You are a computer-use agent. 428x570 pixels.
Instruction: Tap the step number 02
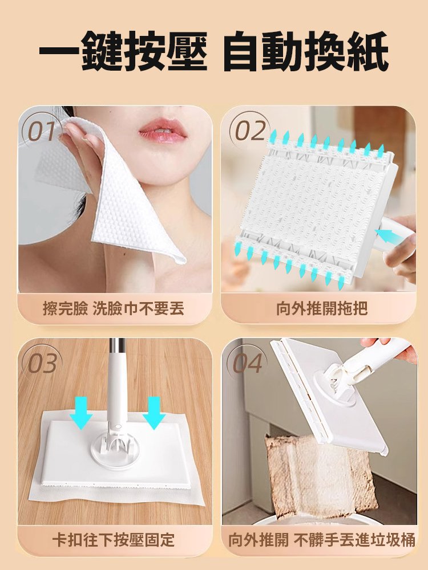click(250, 131)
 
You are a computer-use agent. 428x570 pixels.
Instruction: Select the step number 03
click(43, 363)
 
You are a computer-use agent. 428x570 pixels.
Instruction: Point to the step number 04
click(248, 363)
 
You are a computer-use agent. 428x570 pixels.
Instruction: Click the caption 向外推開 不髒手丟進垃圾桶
click(322, 540)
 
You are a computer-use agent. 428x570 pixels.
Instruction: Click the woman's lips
click(162, 131)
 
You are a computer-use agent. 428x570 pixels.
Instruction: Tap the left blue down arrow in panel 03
click(81, 413)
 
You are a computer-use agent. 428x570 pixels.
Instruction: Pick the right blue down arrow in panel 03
click(154, 413)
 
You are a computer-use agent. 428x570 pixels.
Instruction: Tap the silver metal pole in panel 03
click(117, 348)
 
